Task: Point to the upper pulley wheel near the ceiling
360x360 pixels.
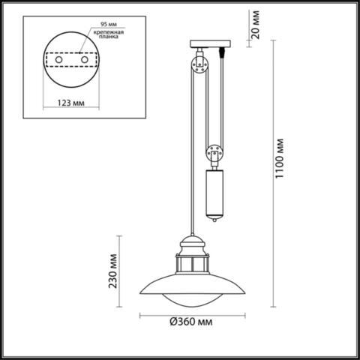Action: [199, 64]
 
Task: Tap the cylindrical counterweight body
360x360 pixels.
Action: [214, 192]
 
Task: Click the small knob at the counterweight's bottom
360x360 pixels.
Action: [215, 219]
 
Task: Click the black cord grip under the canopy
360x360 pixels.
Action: [222, 53]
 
